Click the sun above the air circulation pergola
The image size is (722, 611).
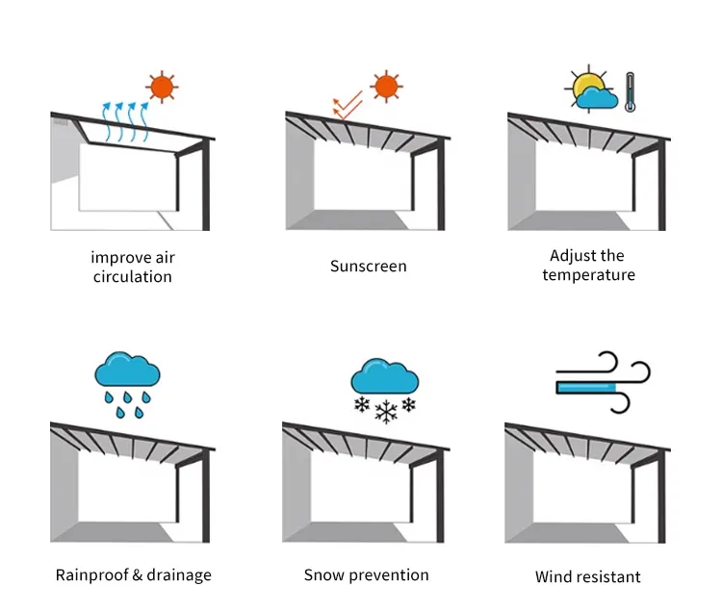(x=162, y=87)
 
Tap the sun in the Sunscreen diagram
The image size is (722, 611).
(x=386, y=87)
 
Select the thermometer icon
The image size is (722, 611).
(x=631, y=92)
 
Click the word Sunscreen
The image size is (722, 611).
(x=368, y=266)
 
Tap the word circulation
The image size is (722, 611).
(x=133, y=276)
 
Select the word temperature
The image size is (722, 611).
(x=588, y=275)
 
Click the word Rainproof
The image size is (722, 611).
(x=90, y=575)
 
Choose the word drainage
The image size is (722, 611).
(x=179, y=575)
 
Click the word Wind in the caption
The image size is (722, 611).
(x=553, y=576)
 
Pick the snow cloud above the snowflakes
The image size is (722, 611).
(x=384, y=376)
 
